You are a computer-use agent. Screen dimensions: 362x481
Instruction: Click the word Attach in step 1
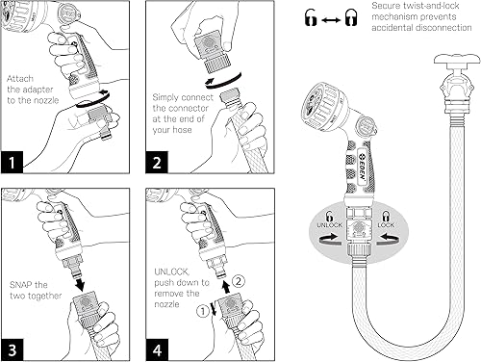[20, 76]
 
